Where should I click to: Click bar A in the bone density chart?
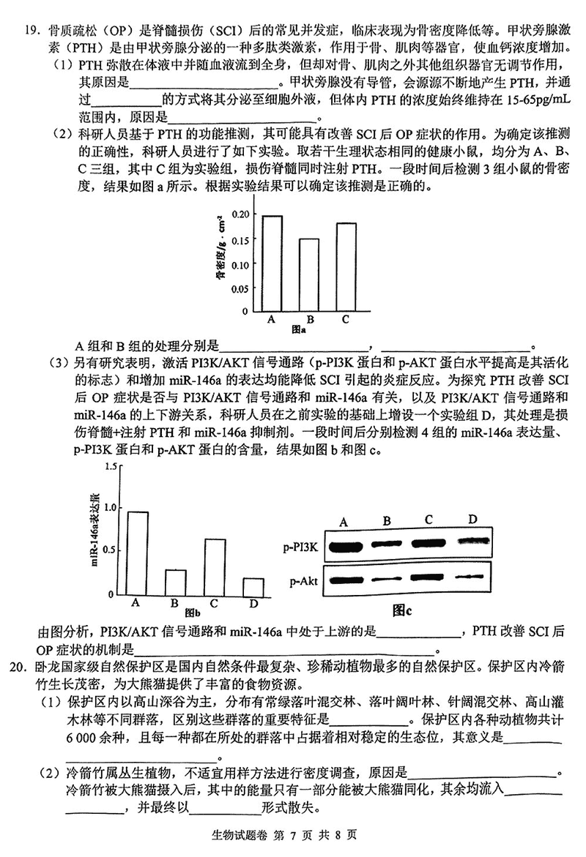click(272, 263)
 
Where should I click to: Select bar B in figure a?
click(308, 274)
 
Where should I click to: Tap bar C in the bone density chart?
click(346, 266)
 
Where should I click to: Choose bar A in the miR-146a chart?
click(137, 553)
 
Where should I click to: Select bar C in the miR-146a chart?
click(214, 566)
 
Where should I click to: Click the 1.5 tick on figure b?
click(111, 466)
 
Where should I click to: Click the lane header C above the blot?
click(428, 520)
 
